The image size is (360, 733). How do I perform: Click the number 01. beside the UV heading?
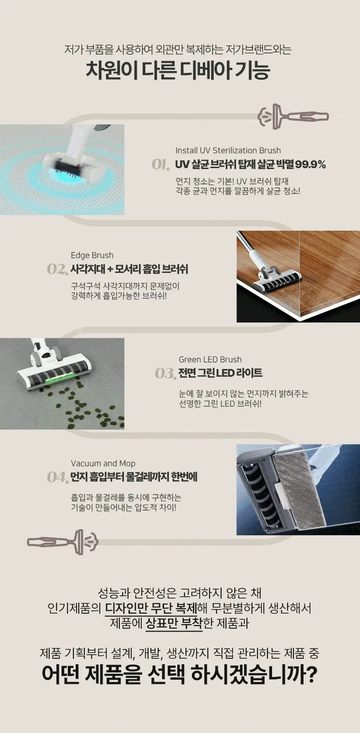[160, 164]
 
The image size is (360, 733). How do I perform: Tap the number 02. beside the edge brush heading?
[57, 269]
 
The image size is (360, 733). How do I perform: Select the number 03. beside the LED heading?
[165, 374]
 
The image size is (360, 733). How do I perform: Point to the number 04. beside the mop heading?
[57, 477]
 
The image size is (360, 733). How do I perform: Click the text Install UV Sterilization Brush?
[228, 150]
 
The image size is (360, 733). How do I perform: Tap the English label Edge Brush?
[92, 255]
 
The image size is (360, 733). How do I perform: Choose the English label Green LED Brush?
[210, 359]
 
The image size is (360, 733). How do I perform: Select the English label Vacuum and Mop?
[103, 463]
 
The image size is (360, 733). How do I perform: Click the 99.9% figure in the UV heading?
[310, 164]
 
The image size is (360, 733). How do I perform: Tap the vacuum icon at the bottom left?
[62, 542]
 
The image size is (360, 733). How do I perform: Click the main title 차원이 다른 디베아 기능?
[178, 70]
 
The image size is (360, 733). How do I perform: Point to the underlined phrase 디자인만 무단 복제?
[151, 608]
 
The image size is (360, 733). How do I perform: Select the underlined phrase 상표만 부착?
[174, 623]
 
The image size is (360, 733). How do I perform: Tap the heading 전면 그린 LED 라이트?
[220, 373]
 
